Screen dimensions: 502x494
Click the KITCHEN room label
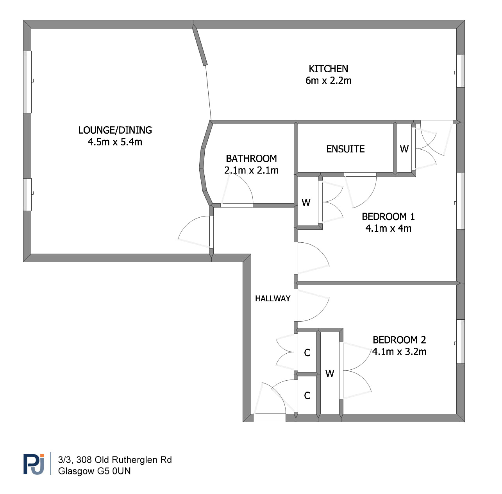tap(328, 69)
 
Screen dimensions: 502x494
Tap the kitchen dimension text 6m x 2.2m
tap(328, 81)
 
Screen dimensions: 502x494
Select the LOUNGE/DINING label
tap(115, 130)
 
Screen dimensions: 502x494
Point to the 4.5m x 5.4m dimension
tap(115, 142)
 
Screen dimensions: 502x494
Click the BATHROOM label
tap(251, 159)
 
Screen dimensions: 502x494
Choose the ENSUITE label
tap(345, 149)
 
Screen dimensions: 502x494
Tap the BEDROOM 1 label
tap(388, 217)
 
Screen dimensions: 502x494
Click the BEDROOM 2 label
tap(399, 340)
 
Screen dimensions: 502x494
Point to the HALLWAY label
tap(273, 299)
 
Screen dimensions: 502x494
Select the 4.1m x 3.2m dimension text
tap(399, 352)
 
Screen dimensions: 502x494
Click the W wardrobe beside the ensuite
tap(404, 149)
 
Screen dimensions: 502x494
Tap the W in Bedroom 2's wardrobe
tap(330, 374)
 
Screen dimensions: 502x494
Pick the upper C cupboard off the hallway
tap(307, 353)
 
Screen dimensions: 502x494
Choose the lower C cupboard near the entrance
tap(307, 396)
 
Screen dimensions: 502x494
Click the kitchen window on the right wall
tap(460, 71)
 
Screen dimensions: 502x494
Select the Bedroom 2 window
tap(460, 342)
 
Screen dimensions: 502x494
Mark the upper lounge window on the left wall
tap(27, 82)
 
